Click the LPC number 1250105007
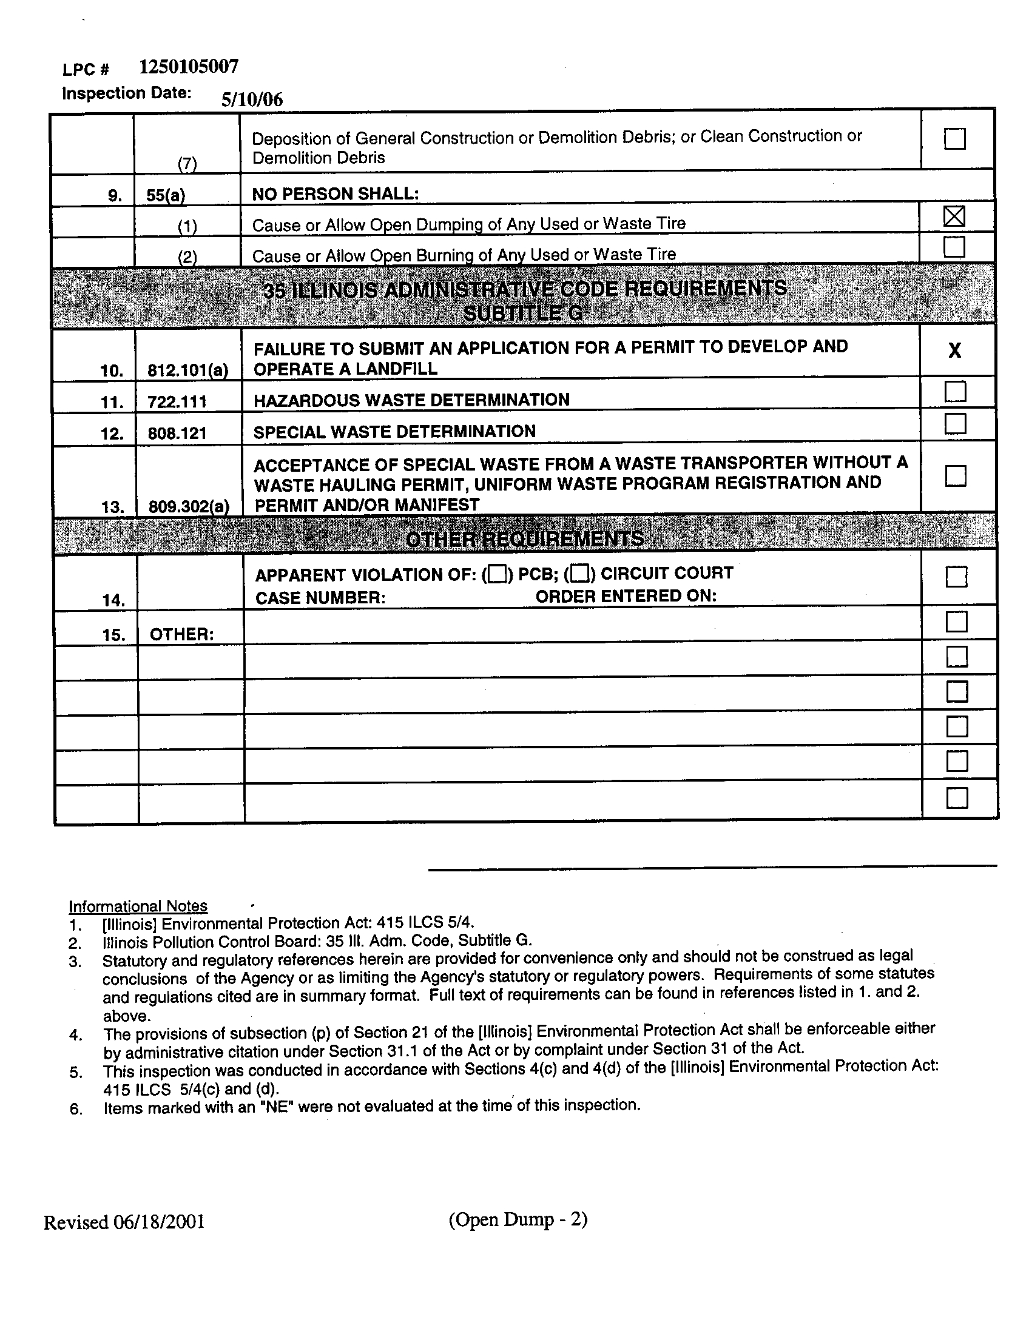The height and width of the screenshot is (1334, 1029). tap(188, 67)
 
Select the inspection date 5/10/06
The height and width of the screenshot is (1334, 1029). tap(252, 99)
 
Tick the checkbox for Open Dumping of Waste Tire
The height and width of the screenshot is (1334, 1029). tap(954, 216)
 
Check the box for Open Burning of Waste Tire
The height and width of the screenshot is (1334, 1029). tap(954, 247)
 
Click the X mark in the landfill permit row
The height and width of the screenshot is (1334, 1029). tap(954, 350)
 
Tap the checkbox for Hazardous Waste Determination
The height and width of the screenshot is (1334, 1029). tap(955, 392)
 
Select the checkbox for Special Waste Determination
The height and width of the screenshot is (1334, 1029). tap(955, 423)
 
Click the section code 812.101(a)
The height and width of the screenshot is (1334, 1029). tap(188, 370)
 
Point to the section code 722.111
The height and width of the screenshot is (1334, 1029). tap(177, 402)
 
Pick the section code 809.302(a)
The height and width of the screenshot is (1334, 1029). tap(189, 506)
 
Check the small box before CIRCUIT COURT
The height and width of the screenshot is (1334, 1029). tap(581, 574)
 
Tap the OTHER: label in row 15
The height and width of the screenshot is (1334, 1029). tap(181, 635)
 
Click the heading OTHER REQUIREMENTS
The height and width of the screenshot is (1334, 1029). tap(524, 538)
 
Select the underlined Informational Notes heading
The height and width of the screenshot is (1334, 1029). tap(138, 906)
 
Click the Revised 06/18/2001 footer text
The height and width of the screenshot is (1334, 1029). tap(124, 1222)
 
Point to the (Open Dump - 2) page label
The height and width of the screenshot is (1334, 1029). tap(518, 1220)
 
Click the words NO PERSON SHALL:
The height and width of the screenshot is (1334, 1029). tap(336, 194)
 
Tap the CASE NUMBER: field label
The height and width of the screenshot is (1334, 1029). tap(320, 597)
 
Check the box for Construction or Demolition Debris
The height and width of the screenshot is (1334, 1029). tap(954, 139)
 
